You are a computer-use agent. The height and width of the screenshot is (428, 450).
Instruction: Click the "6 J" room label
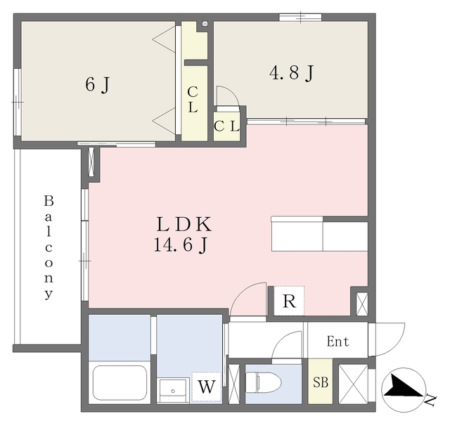coord(97,86)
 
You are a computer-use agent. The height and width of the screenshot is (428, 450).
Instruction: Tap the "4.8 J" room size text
coord(290,72)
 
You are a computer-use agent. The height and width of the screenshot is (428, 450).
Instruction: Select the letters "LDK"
coord(183,225)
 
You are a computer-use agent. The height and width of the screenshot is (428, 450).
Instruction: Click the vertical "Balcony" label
coord(49,247)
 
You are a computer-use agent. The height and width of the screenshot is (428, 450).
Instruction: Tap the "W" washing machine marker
coord(206,387)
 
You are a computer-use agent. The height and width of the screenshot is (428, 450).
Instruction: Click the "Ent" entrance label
coord(337,342)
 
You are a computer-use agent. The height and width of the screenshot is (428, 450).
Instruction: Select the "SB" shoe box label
coord(319,384)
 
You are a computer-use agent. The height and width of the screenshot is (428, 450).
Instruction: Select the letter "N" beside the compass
coord(430,401)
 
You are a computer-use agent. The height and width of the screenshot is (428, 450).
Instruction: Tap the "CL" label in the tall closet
coord(192,99)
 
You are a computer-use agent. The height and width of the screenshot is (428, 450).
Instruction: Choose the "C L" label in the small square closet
coord(226,127)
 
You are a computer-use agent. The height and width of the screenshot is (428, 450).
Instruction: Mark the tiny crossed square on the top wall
coord(205,24)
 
